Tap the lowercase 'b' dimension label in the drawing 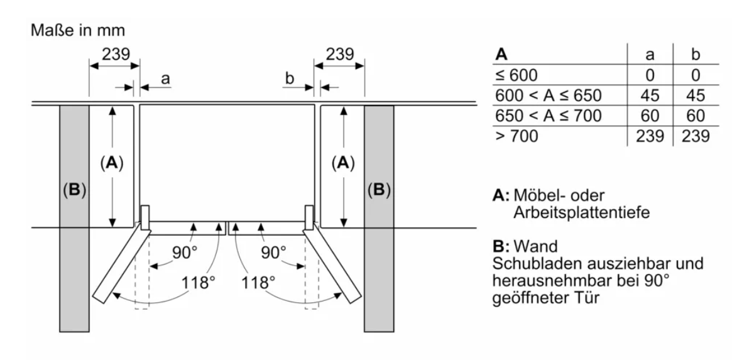(290, 79)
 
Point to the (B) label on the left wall (74, 189)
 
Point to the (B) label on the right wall (379, 189)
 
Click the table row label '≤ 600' (517, 75)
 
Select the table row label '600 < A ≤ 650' (549, 95)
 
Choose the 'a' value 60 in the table (650, 116)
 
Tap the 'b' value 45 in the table (695, 95)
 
